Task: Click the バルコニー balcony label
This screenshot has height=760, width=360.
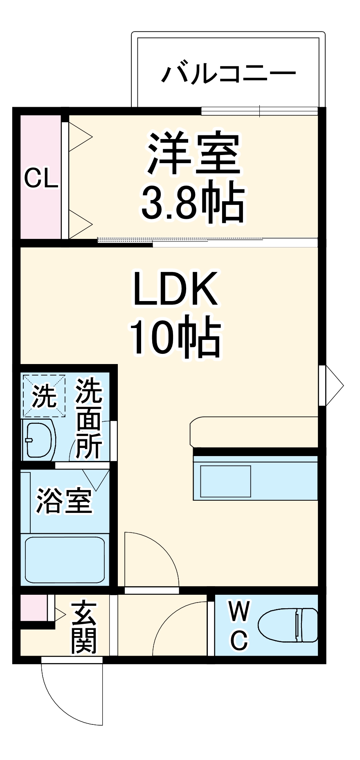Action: (x=228, y=74)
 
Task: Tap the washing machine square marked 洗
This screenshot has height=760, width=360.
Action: (x=44, y=396)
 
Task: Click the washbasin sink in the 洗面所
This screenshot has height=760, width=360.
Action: (x=40, y=439)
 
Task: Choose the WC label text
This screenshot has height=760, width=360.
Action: (x=239, y=625)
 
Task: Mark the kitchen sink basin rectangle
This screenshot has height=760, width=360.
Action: (x=225, y=481)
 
